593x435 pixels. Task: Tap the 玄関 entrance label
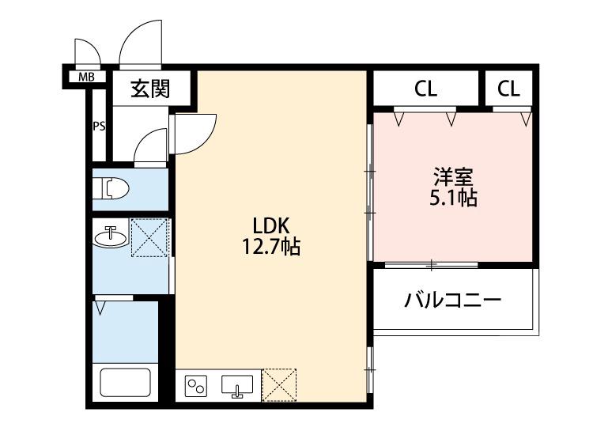pyautogui.click(x=149, y=88)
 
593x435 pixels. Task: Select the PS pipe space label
pyautogui.click(x=100, y=126)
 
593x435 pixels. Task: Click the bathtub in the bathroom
pyautogui.click(x=124, y=383)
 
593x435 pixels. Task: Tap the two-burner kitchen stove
pyautogui.click(x=196, y=386)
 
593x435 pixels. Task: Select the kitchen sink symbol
pyautogui.click(x=237, y=386)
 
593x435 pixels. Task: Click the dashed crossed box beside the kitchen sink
pyautogui.click(x=279, y=384)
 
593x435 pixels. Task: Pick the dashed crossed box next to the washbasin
pyautogui.click(x=149, y=236)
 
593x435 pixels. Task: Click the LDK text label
pyautogui.click(x=270, y=224)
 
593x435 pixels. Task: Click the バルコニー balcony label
pyautogui.click(x=452, y=301)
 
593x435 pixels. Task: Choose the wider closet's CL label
pyautogui.click(x=425, y=89)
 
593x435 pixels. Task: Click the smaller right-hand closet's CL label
pyautogui.click(x=509, y=89)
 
